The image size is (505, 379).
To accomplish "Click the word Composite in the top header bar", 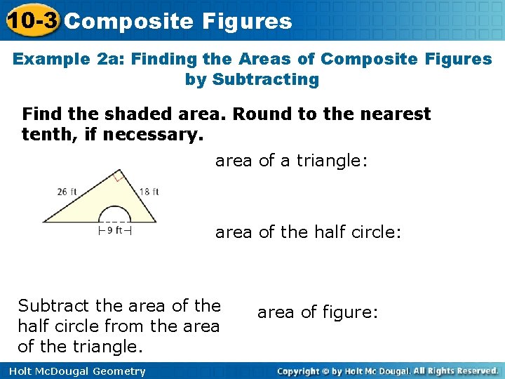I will (114, 21).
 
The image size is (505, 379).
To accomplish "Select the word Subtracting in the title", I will (252, 79).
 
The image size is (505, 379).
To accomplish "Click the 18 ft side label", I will (148, 191).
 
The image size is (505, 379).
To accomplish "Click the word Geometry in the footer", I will (119, 371).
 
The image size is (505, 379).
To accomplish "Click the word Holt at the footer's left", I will (20, 371).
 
